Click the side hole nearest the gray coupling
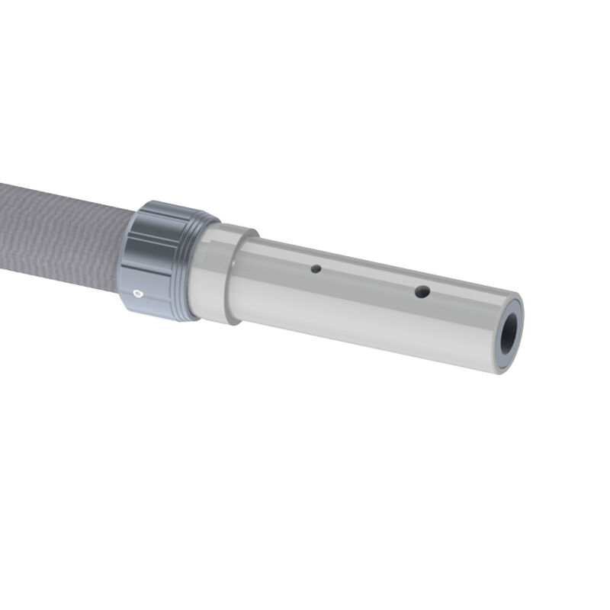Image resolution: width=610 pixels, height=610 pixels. (313, 268)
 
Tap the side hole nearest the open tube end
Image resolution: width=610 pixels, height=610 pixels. (421, 291)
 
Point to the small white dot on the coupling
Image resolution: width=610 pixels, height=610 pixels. (137, 291)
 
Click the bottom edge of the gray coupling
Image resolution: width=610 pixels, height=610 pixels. (160, 316)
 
